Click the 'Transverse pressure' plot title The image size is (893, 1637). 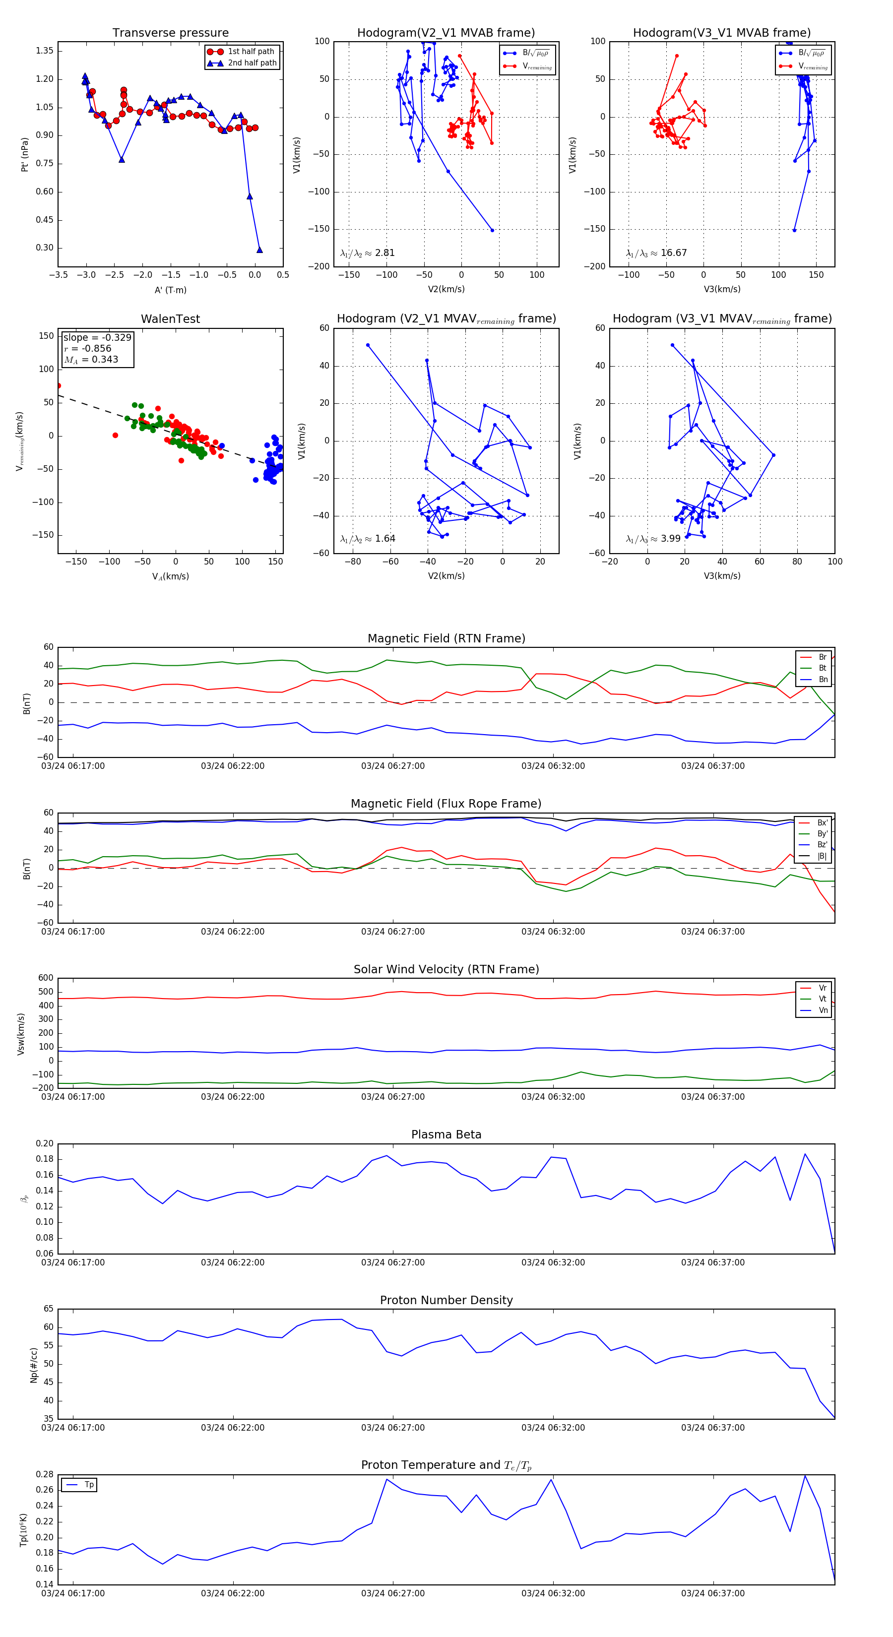tap(170, 33)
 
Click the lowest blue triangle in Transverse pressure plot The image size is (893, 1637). tap(259, 250)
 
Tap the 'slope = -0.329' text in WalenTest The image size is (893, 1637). tap(97, 337)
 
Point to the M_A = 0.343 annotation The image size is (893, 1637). tap(91, 360)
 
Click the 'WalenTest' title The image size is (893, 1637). tap(170, 319)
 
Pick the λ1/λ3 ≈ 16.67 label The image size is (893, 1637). tap(656, 253)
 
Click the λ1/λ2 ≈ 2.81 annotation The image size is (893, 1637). tap(367, 253)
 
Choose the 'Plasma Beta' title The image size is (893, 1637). tap(446, 1134)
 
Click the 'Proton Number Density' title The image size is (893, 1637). tap(446, 1300)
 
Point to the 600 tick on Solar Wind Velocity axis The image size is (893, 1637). tap(46, 978)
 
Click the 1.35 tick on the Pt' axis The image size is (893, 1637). tap(45, 51)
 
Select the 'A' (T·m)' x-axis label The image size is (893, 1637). tap(170, 290)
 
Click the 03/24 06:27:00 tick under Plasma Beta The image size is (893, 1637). tap(393, 1262)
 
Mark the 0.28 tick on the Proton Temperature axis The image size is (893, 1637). tap(45, 1474)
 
